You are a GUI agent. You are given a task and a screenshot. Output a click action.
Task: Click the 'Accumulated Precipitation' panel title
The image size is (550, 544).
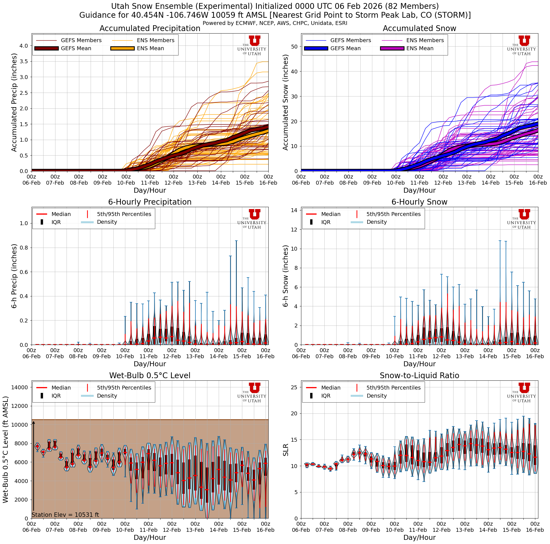coord(150,29)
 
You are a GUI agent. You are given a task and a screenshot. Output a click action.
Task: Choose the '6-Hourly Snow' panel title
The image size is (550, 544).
coord(419,202)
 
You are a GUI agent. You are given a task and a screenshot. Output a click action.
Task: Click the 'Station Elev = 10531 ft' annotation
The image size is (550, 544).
coord(65,514)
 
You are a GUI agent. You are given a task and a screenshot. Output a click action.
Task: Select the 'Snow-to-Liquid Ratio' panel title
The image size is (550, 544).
coord(419,375)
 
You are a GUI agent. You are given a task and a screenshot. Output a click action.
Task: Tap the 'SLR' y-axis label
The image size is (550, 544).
coord(286,450)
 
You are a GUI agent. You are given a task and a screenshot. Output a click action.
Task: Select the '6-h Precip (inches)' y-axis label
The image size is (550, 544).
coord(14,276)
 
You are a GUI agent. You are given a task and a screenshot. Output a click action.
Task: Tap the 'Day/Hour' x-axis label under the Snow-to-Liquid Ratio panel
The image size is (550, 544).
coord(419,537)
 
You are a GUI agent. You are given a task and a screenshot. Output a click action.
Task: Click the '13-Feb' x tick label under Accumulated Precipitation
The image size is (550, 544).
coord(197,183)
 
